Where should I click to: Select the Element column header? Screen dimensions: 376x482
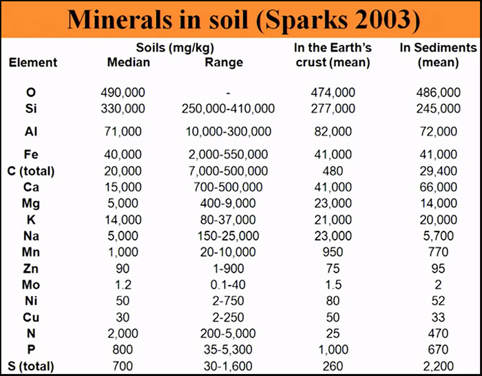[x=33, y=63]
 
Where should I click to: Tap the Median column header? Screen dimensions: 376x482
[x=128, y=63]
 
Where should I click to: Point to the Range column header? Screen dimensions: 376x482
[x=224, y=63]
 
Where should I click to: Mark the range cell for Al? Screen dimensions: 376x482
[x=228, y=132]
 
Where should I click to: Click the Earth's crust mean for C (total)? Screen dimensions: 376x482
[x=333, y=170]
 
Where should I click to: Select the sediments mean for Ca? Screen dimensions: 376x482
[x=439, y=187]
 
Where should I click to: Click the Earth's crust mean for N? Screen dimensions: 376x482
[x=333, y=333]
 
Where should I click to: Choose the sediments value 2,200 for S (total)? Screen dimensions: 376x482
[x=439, y=366]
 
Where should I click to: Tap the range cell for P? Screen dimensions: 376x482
[x=228, y=349]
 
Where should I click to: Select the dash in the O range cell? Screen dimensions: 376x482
[x=228, y=93]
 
